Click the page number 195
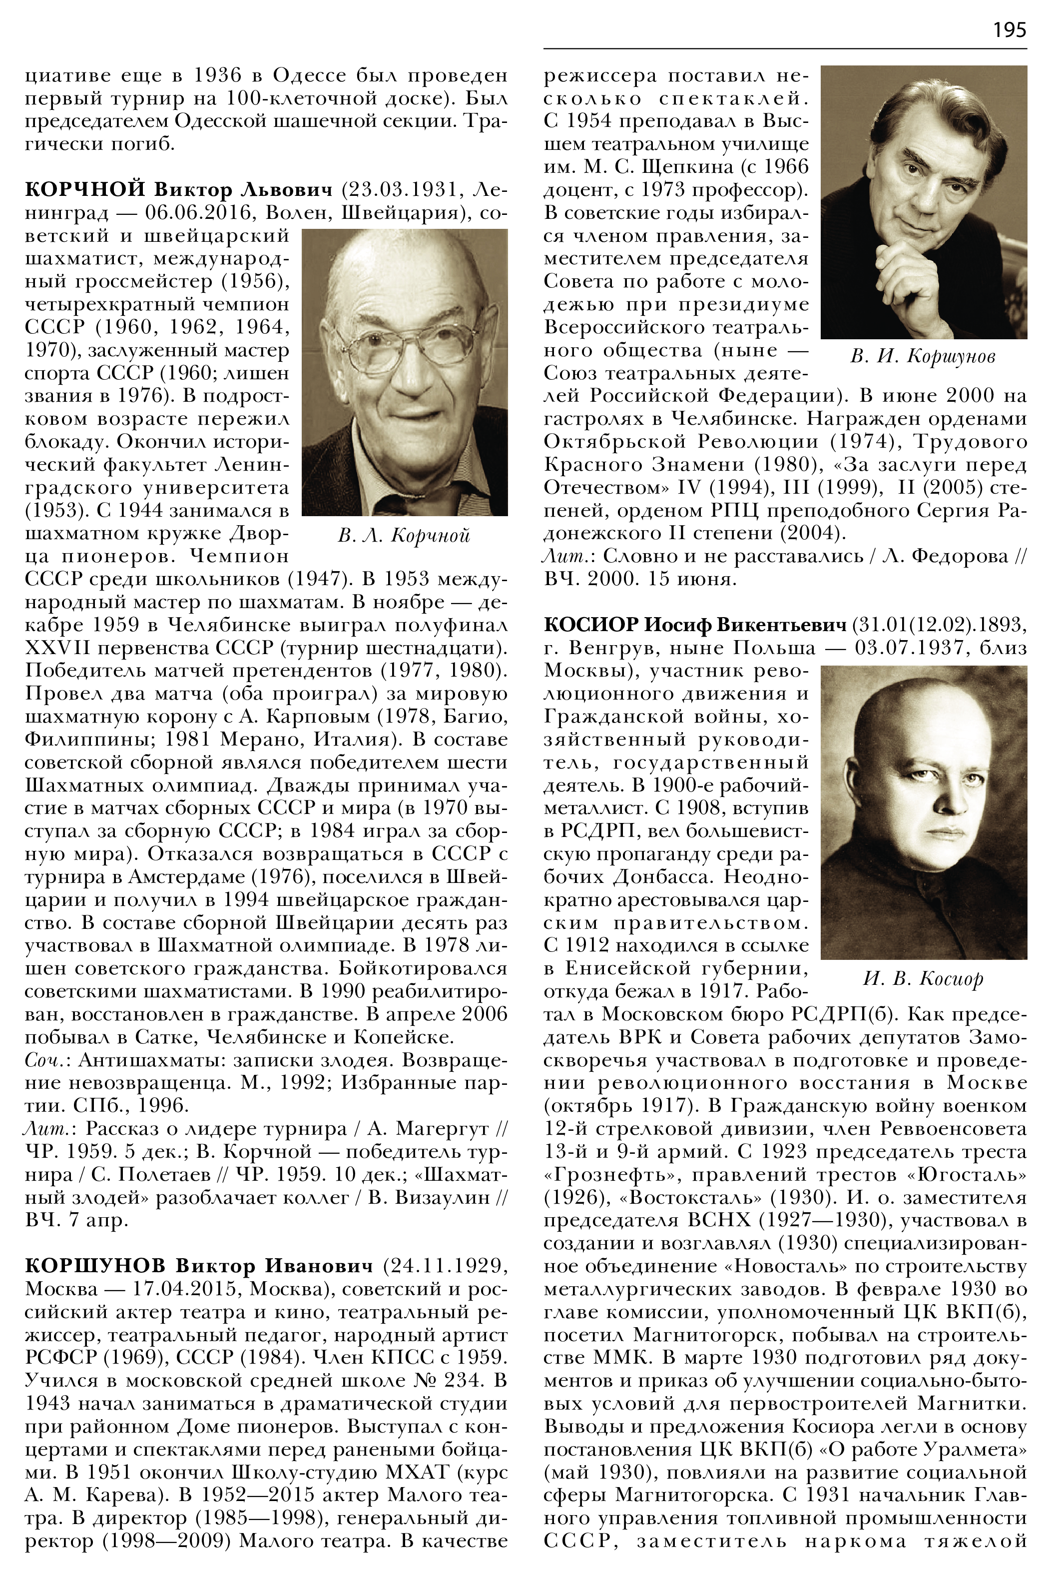(1009, 30)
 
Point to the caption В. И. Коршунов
(923, 357)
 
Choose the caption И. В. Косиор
(923, 979)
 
